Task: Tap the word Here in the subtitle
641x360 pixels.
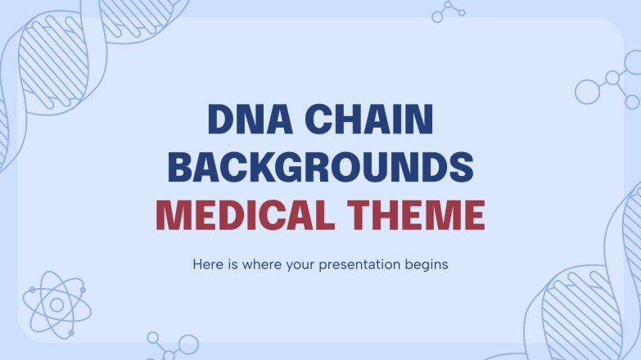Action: [x=206, y=265]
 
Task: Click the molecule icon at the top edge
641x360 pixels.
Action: [x=448, y=11]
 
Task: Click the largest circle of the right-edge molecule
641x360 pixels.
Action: [x=588, y=92]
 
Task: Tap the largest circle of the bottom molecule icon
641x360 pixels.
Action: [x=188, y=344]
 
